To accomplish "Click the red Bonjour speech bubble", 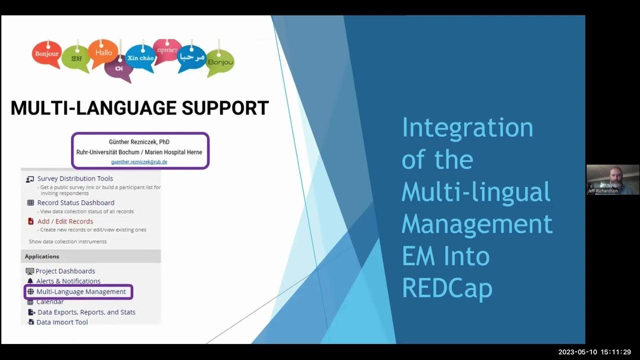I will pos(46,54).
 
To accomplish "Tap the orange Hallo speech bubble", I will pos(103,52).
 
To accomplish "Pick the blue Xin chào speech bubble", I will pos(140,58).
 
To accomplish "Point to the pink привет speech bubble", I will pos(167,50).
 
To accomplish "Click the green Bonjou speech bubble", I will pos(220,62).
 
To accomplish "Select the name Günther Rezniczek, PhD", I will pos(139,142).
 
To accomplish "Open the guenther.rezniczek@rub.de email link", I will pos(139,162).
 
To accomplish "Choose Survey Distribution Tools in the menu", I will pos(75,178).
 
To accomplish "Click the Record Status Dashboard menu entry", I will pos(75,202).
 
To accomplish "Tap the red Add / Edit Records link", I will pos(65,221).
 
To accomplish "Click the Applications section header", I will pos(42,256).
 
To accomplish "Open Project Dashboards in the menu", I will pos(65,271).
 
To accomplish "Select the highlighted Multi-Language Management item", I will pos(81,291).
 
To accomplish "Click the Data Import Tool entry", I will pos(62,322).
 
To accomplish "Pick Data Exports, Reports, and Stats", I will pos(86,312).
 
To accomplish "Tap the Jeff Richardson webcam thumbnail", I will pos(612,179).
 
